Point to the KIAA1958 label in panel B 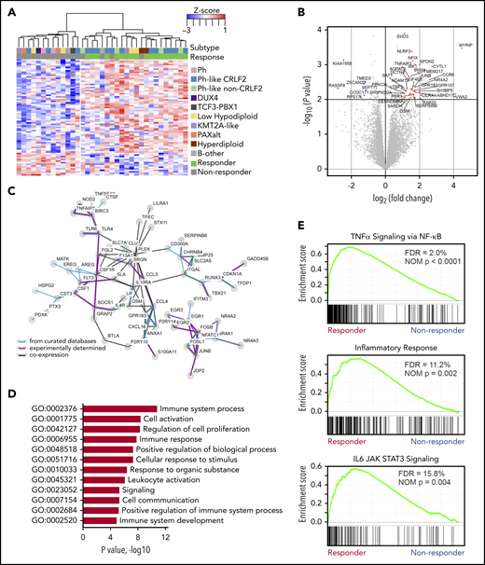[341, 63]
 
